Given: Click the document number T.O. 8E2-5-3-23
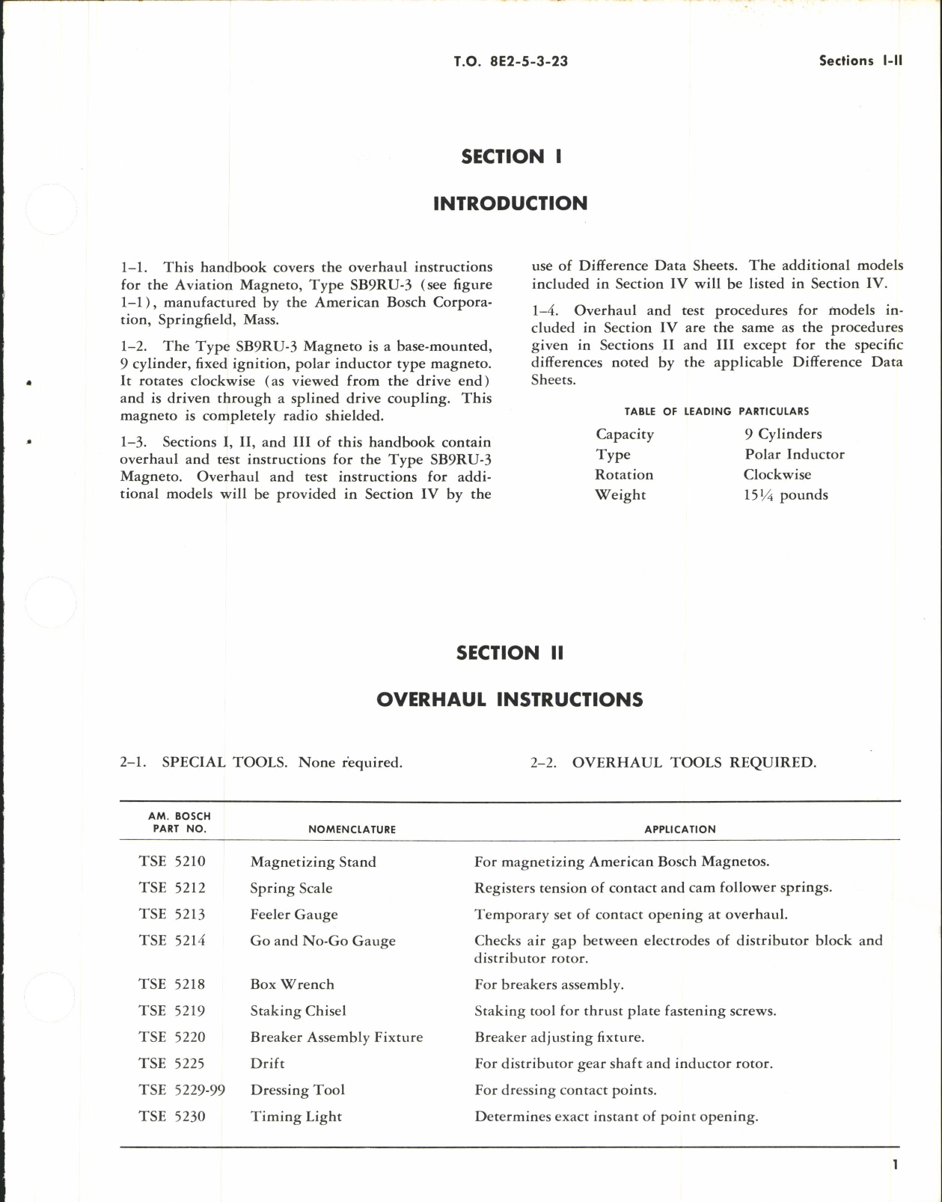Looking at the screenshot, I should coord(510,61).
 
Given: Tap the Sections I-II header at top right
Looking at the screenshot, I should coord(860,61).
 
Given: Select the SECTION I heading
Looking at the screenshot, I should coord(511,156).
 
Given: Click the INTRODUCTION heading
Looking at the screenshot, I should coord(510,203).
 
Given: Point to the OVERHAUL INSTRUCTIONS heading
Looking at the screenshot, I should coord(510,699).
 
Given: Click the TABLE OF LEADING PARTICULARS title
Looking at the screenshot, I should coord(716,411).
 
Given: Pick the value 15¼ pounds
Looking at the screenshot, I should coord(786,495).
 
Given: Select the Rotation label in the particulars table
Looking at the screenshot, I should coord(624,475).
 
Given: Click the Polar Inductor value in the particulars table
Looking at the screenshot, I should coord(794,455).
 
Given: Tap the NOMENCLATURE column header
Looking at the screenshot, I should coord(352,830).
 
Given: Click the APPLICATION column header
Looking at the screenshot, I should coord(679,830).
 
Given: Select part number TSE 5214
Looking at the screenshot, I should coord(172,940).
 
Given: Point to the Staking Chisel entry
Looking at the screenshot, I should coord(298,1011).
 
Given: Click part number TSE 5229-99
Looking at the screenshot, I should coord(182,1090).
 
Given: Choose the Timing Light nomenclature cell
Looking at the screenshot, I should coord(296,1117).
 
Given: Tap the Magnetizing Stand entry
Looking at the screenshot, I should coord(313,862).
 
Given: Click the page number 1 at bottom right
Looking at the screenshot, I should coord(895,1165).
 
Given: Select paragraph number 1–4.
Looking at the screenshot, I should coord(545,310).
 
